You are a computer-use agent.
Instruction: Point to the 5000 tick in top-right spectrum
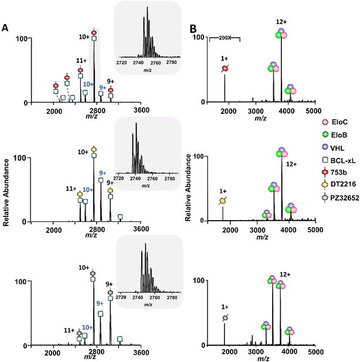coord(314,110)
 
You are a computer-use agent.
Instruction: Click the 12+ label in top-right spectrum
coord(281,22)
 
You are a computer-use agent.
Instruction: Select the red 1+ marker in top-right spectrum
coord(225,69)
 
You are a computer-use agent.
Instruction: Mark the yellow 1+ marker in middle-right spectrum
coord(223,201)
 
